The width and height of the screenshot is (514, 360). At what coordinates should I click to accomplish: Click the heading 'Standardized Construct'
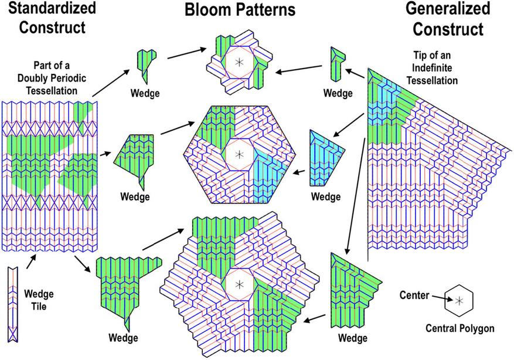point(50,18)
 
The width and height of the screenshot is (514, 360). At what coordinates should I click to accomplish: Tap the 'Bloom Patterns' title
point(241,11)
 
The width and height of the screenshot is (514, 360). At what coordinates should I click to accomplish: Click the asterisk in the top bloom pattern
point(239,62)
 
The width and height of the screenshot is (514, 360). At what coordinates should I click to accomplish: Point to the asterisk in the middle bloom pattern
point(239,155)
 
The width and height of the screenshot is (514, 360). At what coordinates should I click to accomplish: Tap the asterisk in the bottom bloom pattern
point(239,285)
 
